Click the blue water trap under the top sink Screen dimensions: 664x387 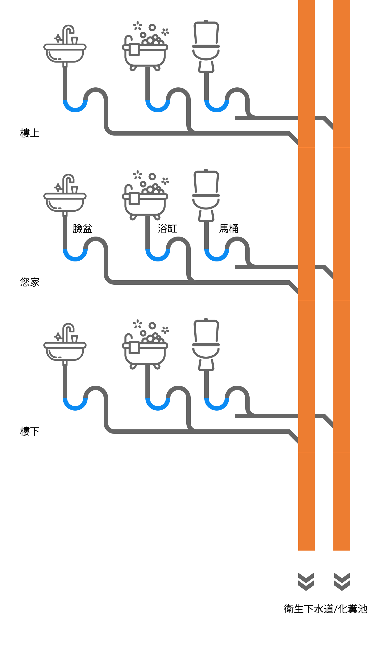click(75, 108)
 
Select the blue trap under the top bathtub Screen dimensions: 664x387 click(158, 108)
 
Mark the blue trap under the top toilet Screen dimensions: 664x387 click(217, 108)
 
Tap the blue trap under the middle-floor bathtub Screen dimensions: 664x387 click(158, 257)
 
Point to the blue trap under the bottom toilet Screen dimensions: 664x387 click(217, 406)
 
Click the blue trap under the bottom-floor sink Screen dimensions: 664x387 click(75, 406)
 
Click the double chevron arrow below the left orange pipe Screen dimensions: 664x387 click(306, 582)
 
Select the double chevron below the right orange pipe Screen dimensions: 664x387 click(342, 582)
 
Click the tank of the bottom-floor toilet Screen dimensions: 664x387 click(206, 331)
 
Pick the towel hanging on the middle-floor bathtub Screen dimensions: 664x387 click(134, 199)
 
